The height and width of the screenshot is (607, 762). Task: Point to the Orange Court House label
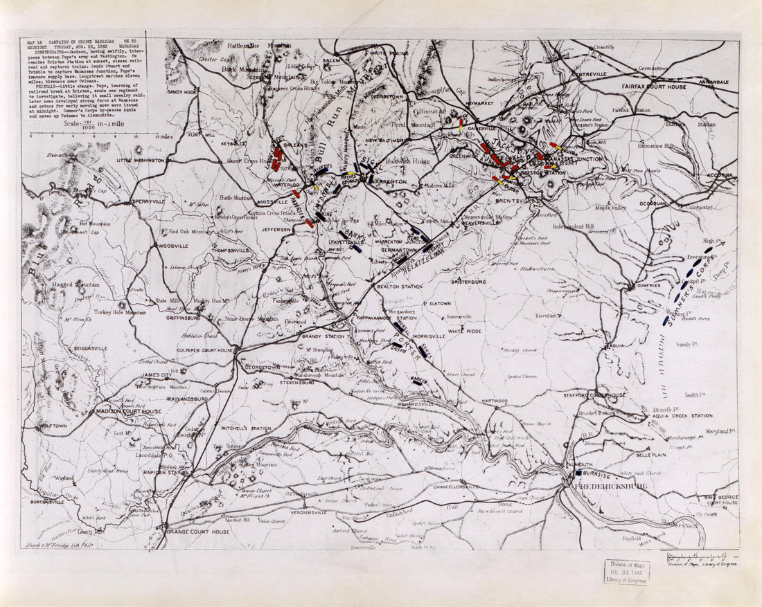(x=197, y=532)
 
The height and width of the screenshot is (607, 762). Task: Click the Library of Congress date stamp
(x=627, y=572)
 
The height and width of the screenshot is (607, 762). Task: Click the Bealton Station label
(x=399, y=286)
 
